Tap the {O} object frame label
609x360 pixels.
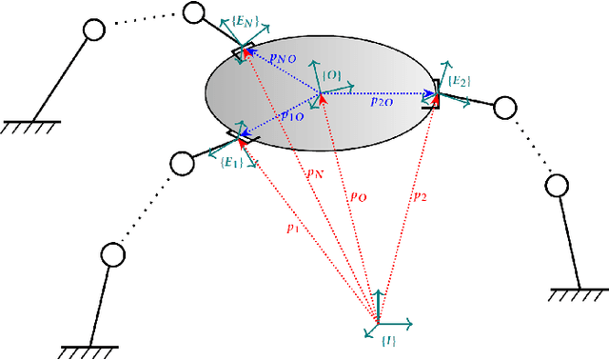tap(332, 74)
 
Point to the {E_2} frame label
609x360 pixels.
tap(461, 82)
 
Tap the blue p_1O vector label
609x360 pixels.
tap(293, 115)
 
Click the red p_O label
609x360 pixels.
tap(358, 197)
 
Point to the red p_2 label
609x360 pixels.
tap(419, 196)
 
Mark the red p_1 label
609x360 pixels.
tap(293, 228)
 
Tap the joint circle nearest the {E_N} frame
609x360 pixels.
tap(194, 12)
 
